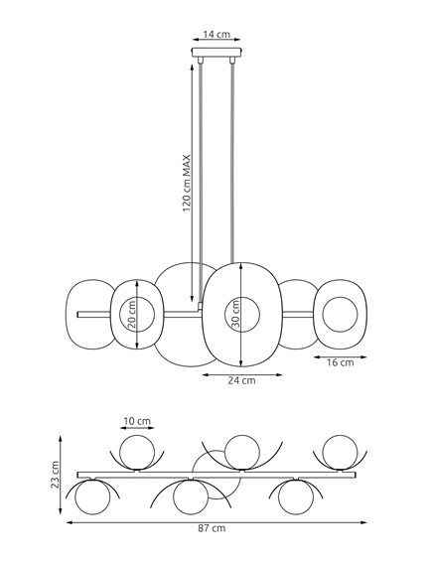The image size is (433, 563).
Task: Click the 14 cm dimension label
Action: (x=216, y=34)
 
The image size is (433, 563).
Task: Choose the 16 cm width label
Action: (x=340, y=363)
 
